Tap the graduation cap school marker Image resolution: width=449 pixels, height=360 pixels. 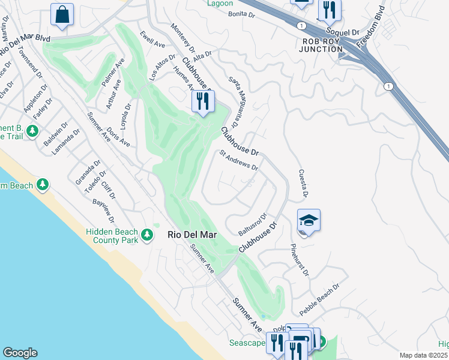pos(309,222)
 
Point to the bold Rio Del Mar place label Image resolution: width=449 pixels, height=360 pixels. pos(191,236)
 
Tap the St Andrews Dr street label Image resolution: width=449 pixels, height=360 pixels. pos(238,160)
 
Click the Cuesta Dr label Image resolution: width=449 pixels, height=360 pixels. pos(303,183)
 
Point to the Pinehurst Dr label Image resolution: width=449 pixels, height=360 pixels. pos(299,260)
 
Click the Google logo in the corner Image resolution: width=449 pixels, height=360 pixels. pos(20,353)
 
